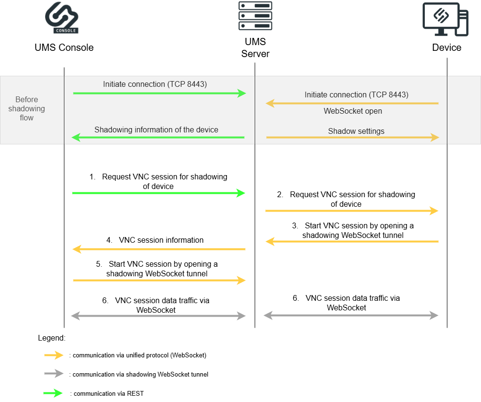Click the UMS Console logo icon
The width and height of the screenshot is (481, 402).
pos(62,19)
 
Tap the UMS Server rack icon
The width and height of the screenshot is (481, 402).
pos(255,16)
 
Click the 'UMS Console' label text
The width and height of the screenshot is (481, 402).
pos(64,47)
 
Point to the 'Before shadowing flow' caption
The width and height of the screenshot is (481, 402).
pos(27,109)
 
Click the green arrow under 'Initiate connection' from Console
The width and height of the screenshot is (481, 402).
pos(159,93)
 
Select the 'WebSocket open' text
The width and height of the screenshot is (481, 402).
pos(353,111)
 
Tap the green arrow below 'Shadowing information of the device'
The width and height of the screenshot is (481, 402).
pos(158,138)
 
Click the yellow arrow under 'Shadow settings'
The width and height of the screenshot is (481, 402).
pos(353,138)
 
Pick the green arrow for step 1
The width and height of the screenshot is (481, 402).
pos(159,193)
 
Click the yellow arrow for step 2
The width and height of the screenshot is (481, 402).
pos(352,211)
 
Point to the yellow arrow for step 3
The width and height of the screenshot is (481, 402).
pos(352,242)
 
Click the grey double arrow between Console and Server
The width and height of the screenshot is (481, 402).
pos(158,316)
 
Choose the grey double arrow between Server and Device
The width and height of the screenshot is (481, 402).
pos(351,315)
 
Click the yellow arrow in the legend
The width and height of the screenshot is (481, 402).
pos(53,355)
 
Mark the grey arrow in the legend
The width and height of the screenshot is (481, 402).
pos(53,374)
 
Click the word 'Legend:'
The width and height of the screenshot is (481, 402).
pos(51,338)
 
